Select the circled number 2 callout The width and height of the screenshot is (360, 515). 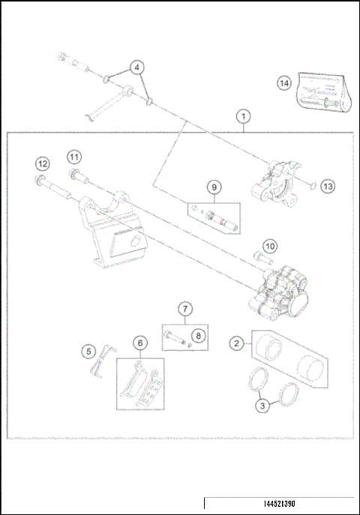(236, 343)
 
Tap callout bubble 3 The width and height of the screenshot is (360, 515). (262, 406)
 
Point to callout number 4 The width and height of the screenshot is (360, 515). (136, 67)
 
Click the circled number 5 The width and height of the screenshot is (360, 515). (88, 351)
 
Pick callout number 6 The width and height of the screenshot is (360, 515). (139, 343)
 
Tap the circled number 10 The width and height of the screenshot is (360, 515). (269, 245)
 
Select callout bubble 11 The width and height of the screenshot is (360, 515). (73, 157)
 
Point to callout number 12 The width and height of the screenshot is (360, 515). (43, 164)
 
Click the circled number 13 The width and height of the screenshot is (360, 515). (326, 185)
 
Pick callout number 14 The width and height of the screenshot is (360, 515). (283, 83)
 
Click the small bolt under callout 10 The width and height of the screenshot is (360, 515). (262, 258)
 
